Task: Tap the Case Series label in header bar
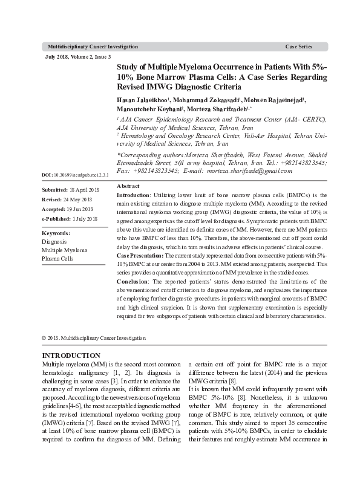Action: point(298,47)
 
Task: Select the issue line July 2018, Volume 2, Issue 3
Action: point(78,57)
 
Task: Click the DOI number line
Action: point(74,175)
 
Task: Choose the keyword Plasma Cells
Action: point(57,258)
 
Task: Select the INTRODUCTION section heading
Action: point(71,355)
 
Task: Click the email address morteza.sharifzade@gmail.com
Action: point(241,171)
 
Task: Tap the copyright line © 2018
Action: point(93,338)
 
